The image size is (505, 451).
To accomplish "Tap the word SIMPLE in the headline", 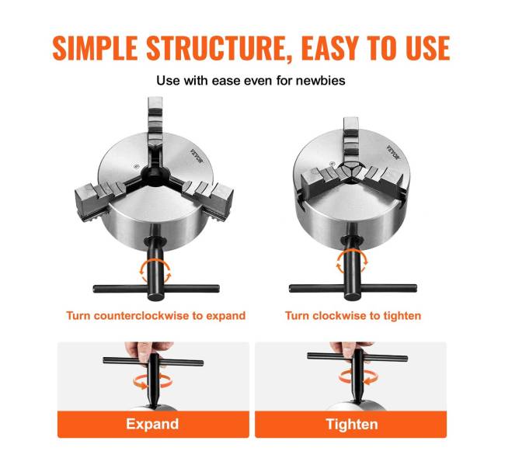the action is pos(96,48).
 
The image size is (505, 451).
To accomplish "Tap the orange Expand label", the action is pos(153,424).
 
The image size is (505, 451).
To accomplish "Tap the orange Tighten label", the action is pos(350,424).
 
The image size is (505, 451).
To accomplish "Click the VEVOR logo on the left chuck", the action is pos(197,156).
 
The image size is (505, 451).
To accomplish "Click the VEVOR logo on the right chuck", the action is pos(393,152).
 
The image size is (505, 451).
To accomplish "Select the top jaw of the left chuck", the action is pos(155,122).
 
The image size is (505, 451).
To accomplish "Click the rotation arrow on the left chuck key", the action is pos(155,272).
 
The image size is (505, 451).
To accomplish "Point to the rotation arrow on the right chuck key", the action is pos(352,262).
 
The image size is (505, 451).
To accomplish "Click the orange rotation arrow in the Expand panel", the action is pos(152,381).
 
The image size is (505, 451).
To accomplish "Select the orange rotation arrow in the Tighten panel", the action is pos(357,377).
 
